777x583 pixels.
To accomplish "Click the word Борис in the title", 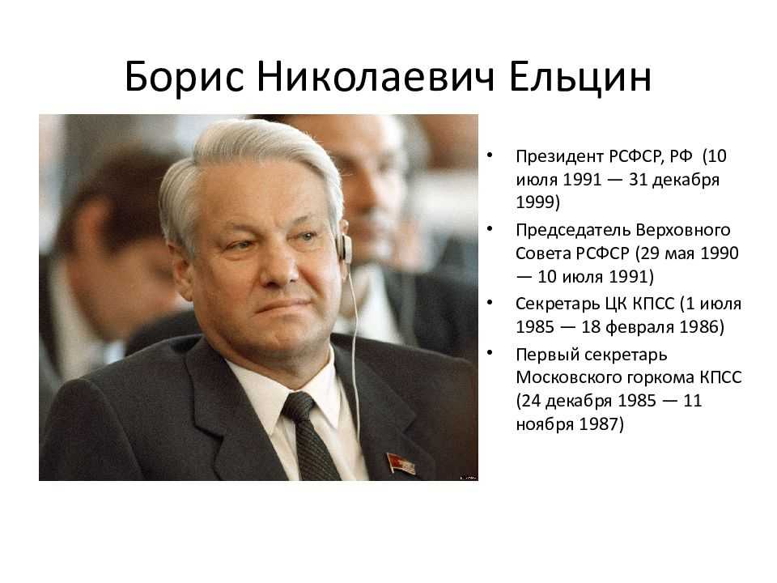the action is tap(185, 78).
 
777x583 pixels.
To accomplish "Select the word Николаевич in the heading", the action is tap(376, 78).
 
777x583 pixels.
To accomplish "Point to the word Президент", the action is tap(559, 156).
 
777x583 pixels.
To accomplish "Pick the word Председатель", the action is tap(572, 231).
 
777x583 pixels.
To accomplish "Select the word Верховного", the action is tap(683, 231).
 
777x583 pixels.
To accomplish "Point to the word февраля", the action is tap(640, 328).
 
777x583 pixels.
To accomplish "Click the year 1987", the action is tap(597, 424).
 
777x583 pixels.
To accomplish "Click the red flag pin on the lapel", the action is tap(400, 464).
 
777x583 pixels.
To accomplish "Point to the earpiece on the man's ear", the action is tap(346, 247).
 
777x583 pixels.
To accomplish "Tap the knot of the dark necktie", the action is tap(299, 406).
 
